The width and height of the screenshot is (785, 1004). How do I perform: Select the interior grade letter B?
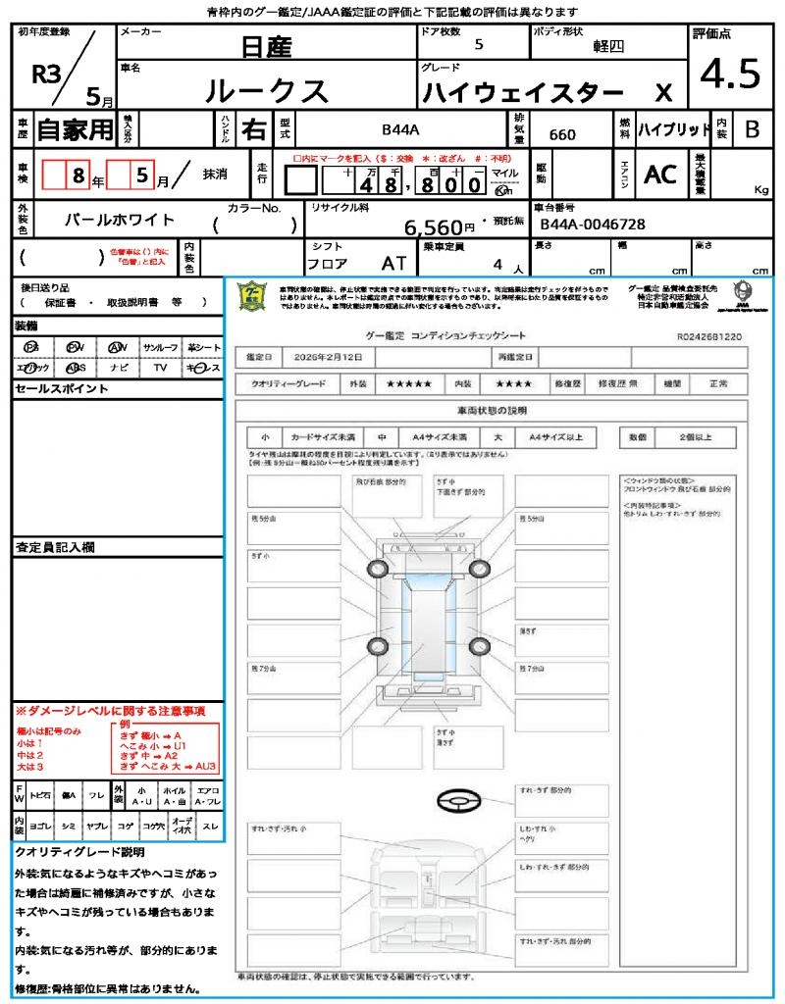752,128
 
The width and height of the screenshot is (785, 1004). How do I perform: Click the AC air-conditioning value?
660,174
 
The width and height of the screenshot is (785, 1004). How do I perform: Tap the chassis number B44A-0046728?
593,225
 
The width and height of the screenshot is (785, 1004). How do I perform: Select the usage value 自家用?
76,128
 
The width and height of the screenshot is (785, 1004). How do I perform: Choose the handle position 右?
253,128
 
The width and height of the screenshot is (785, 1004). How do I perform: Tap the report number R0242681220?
708,336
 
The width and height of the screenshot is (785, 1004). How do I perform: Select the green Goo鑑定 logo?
253,296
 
